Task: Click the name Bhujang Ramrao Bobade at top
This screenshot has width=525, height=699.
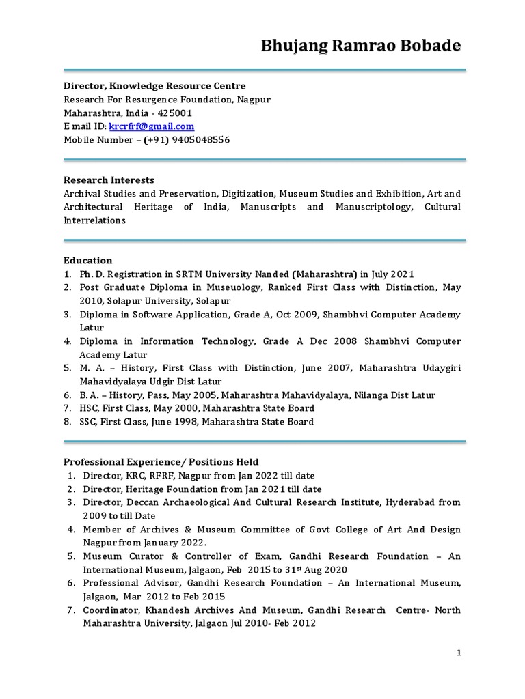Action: pyautogui.click(x=361, y=46)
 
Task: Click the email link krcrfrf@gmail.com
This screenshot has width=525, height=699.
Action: pyautogui.click(x=151, y=126)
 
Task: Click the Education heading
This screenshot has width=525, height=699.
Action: pyautogui.click(x=88, y=261)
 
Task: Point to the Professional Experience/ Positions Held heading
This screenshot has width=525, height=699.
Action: pyautogui.click(x=161, y=462)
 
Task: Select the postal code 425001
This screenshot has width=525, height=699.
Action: pyautogui.click(x=174, y=113)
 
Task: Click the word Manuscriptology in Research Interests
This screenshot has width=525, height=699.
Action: pyautogui.click(x=373, y=207)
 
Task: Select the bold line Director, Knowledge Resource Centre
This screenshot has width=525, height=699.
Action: pyautogui.click(x=154, y=86)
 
